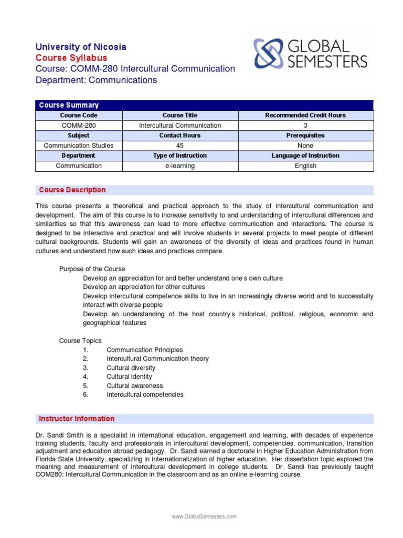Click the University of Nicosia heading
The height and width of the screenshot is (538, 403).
81,47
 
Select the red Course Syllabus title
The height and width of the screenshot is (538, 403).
71,58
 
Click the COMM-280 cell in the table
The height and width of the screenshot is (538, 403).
79,126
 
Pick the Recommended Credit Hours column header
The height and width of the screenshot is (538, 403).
305,115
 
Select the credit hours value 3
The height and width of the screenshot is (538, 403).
305,126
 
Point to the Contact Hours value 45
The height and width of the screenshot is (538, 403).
180,146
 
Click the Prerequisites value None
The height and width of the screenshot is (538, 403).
305,146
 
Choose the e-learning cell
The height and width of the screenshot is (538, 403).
180,166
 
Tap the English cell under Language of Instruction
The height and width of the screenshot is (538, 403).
305,166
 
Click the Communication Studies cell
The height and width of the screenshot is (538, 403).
79,146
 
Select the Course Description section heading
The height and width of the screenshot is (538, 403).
72,190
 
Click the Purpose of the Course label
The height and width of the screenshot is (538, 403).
92,269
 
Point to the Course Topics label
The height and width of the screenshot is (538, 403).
80,341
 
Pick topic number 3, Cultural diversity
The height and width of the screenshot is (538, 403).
131,368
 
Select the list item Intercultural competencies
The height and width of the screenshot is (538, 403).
145,395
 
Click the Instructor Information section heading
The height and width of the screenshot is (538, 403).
77,419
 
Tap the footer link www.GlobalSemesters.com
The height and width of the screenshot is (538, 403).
204,517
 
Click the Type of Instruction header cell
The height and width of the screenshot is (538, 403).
180,156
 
